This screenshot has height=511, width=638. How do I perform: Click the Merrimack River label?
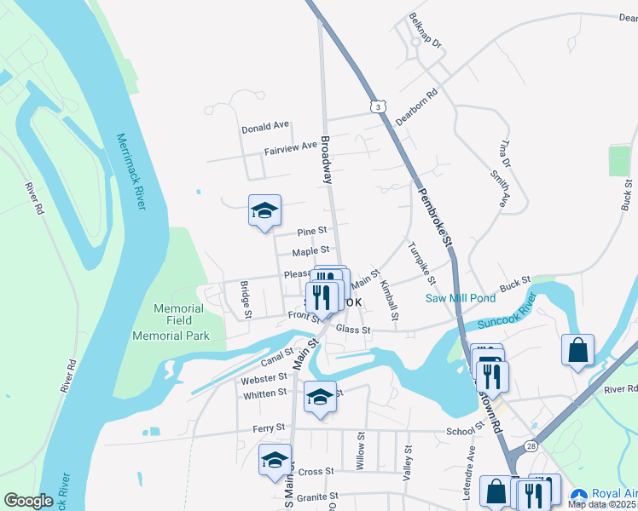tap(130, 177)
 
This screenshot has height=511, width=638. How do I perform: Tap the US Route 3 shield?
tap(376, 106)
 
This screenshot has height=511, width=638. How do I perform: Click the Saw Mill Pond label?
tap(461, 298)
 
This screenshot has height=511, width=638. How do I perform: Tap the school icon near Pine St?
tap(264, 210)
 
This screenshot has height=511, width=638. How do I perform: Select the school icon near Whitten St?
tap(320, 397)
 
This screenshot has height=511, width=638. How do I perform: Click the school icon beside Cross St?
tap(275, 460)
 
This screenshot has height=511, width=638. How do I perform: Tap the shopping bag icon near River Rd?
tap(577, 349)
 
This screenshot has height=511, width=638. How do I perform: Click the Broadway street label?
tap(325, 159)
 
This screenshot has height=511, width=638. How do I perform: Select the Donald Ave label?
tap(265, 128)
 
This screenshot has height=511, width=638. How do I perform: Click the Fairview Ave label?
tap(290, 149)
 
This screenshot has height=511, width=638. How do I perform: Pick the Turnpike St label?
tap(421, 264)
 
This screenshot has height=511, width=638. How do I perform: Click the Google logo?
tap(28, 501)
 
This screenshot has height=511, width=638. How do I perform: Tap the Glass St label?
tap(353, 330)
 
